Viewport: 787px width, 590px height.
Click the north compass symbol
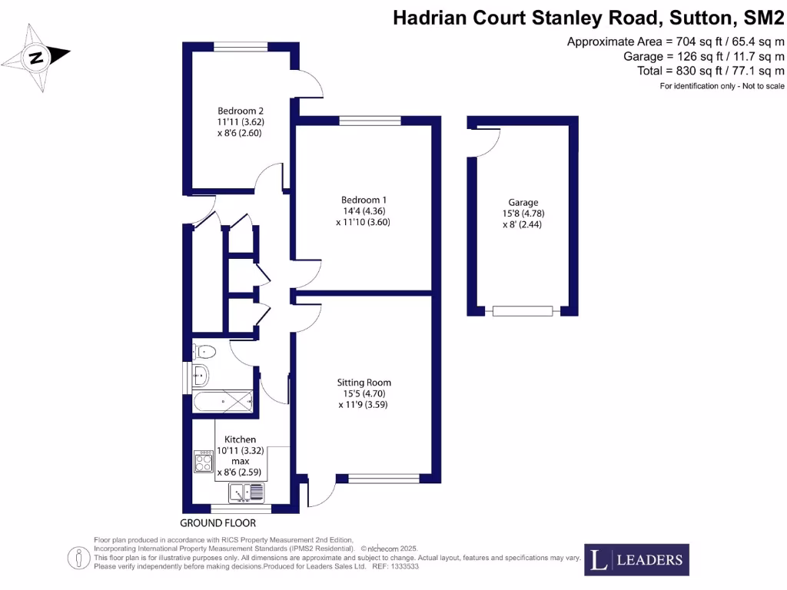pyautogui.click(x=36, y=58)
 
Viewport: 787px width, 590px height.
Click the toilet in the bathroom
pyautogui.click(x=206, y=352)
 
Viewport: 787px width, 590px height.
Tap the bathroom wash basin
pyautogui.click(x=201, y=376)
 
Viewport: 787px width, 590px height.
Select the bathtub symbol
pyautogui.click(x=222, y=399)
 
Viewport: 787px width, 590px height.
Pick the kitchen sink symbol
pyautogui.click(x=246, y=492)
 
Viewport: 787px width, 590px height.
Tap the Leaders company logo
pyautogui.click(x=636, y=559)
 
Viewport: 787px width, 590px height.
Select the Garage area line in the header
pyautogui.click(x=703, y=56)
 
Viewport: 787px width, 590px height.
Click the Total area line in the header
pyautogui.click(x=711, y=71)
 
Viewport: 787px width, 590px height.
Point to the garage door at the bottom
pyautogui.click(x=523, y=311)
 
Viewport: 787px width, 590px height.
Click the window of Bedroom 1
pyautogui.click(x=370, y=120)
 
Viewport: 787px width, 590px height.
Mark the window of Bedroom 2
pyautogui.click(x=240, y=47)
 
